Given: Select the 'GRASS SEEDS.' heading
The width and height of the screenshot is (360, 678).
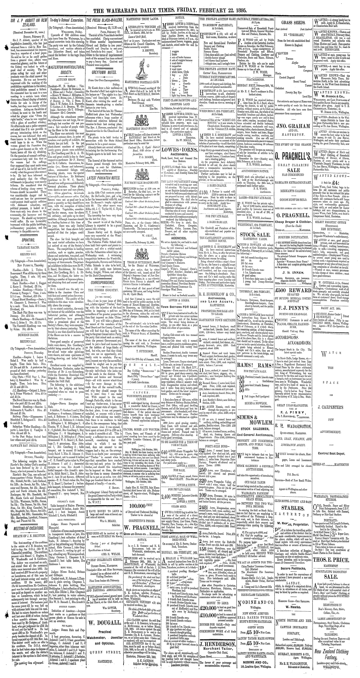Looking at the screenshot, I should [x=294, y=23].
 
